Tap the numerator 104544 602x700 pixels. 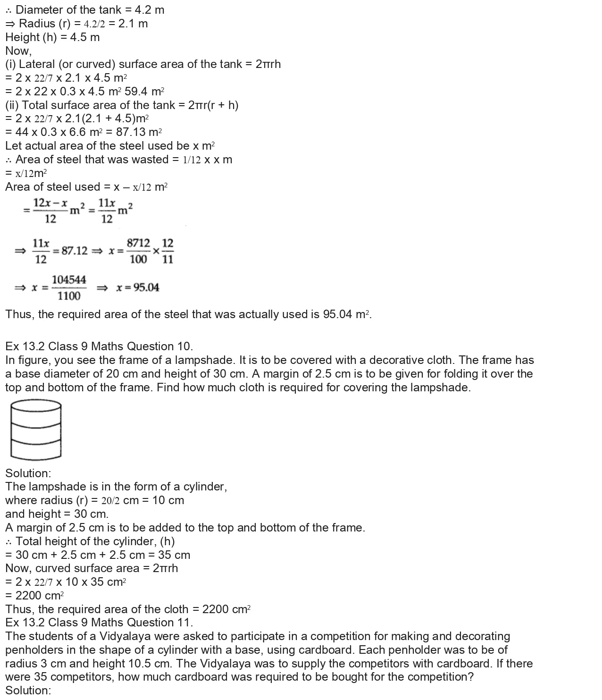pos(69,280)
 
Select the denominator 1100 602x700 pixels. pos(69,296)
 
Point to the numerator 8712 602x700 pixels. pos(138,243)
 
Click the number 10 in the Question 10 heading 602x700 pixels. pos(183,346)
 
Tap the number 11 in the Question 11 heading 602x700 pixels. pos(183,623)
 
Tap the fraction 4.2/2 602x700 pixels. pos(94,24)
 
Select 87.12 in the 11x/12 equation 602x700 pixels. pos(75,251)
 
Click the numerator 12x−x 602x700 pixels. pos(50,203)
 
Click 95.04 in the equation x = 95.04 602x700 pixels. pos(146,288)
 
